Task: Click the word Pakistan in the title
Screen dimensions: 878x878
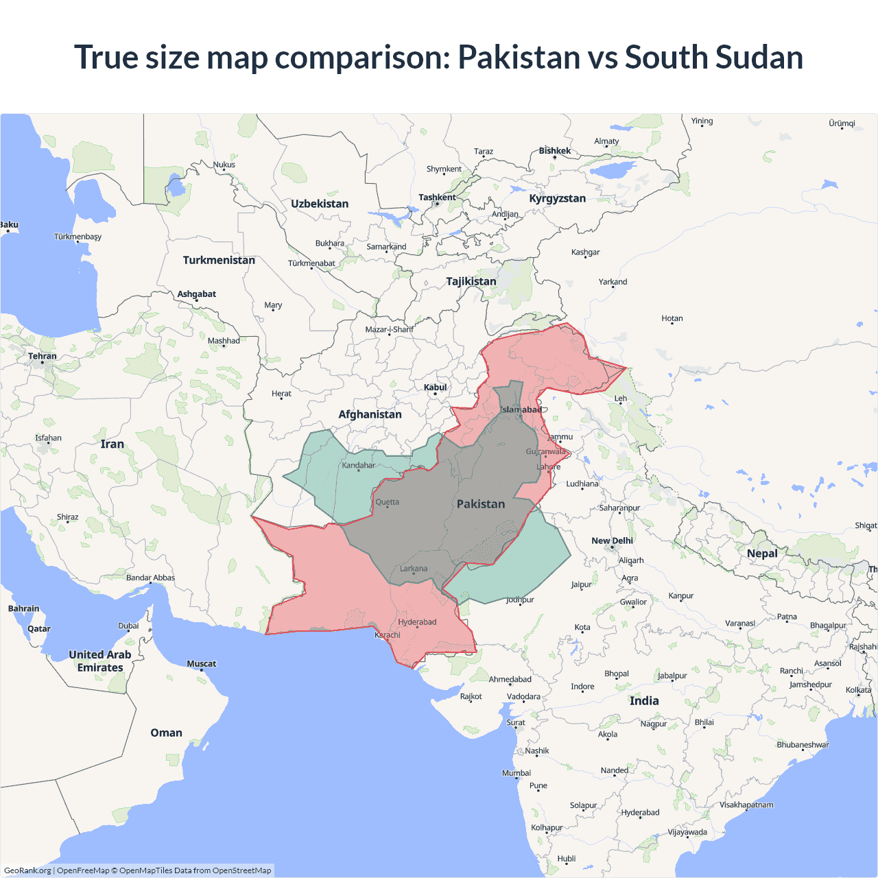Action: point(519,57)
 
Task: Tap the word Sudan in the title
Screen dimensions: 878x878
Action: point(759,57)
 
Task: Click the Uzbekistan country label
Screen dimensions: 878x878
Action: point(320,204)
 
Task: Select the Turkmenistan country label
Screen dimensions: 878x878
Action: point(219,260)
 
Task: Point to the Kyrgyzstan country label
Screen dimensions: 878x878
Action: point(557,198)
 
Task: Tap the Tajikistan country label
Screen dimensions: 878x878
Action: point(471,281)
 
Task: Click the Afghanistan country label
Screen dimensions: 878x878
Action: point(370,414)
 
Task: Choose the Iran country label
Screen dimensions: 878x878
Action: point(112,444)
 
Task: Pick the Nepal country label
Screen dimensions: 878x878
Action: point(762,554)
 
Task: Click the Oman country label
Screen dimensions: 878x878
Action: point(167,733)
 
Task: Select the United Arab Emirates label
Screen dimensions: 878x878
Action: point(100,661)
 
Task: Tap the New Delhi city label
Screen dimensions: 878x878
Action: point(612,541)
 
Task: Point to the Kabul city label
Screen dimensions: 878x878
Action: point(435,388)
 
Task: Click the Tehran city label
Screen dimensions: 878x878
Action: point(43,356)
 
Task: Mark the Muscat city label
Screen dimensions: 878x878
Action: point(202,663)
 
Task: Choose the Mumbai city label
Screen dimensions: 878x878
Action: point(517,773)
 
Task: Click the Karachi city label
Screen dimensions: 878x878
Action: point(388,635)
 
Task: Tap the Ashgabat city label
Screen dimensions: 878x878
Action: point(197,294)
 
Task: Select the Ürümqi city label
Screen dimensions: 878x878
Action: point(842,123)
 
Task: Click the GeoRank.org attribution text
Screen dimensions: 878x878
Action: point(27,870)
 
